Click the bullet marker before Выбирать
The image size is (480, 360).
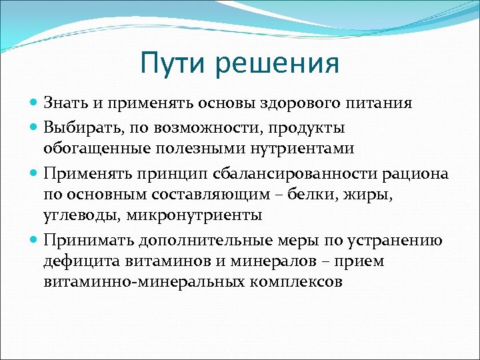35,127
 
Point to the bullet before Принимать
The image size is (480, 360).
35,240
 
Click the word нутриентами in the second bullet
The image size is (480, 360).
300,148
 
